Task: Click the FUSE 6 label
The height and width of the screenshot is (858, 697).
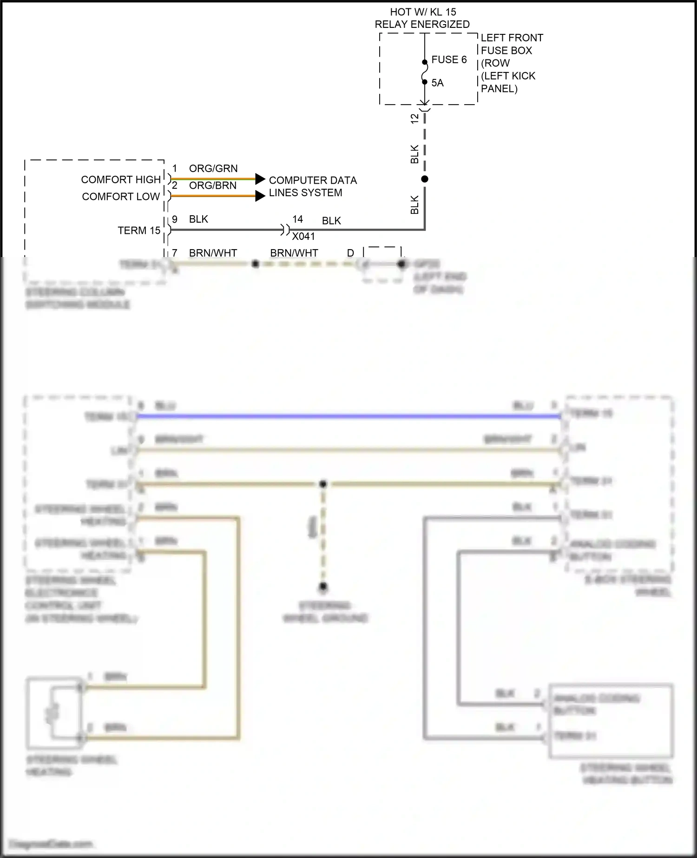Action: coord(449,59)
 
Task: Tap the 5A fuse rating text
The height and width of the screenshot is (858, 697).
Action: coord(437,83)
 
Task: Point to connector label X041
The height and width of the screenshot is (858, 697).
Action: coord(303,237)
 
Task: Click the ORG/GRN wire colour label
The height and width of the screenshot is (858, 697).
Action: coord(213,168)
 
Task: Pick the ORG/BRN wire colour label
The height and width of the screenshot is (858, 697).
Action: coord(213,185)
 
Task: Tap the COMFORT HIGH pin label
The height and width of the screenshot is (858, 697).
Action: coord(121,179)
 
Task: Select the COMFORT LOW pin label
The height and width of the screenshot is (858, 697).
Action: coord(121,197)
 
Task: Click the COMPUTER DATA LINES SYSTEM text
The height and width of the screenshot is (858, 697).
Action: coord(312,186)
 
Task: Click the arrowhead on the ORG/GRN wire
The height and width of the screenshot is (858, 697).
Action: coord(260,179)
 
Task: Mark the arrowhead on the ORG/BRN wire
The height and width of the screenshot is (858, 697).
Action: coord(260,196)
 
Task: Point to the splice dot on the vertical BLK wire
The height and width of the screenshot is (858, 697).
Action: coord(424,179)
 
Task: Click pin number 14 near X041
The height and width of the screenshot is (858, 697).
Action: coord(297,219)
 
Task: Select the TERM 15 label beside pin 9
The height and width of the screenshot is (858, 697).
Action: coord(139,231)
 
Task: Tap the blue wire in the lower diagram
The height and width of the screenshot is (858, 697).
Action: coord(348,416)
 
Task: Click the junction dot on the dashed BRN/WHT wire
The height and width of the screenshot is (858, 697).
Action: coord(255,264)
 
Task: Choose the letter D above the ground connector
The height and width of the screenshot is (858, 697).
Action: coord(350,253)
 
